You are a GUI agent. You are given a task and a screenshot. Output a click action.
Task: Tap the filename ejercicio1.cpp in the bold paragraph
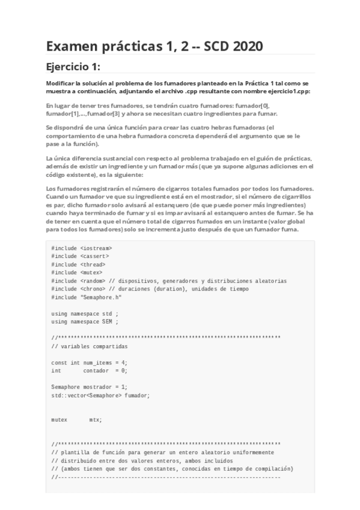283,91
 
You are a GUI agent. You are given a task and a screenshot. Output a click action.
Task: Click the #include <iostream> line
82,247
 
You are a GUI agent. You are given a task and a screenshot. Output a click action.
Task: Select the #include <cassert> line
81,256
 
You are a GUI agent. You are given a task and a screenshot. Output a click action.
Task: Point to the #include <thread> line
79,264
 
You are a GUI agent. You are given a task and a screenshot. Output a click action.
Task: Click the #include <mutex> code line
77,272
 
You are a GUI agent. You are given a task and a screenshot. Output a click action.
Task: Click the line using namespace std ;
81,313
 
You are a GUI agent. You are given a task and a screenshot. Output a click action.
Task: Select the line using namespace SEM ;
81,322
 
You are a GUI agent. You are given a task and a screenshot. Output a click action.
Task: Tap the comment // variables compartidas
90,346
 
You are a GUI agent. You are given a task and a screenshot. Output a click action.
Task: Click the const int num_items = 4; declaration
90,363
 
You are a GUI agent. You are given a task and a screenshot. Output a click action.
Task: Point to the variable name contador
96,371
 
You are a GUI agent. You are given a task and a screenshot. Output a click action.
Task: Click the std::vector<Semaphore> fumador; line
100,396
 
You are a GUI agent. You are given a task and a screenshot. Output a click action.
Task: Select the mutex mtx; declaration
76,420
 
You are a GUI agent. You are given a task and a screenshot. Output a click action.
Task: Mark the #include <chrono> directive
81,289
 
